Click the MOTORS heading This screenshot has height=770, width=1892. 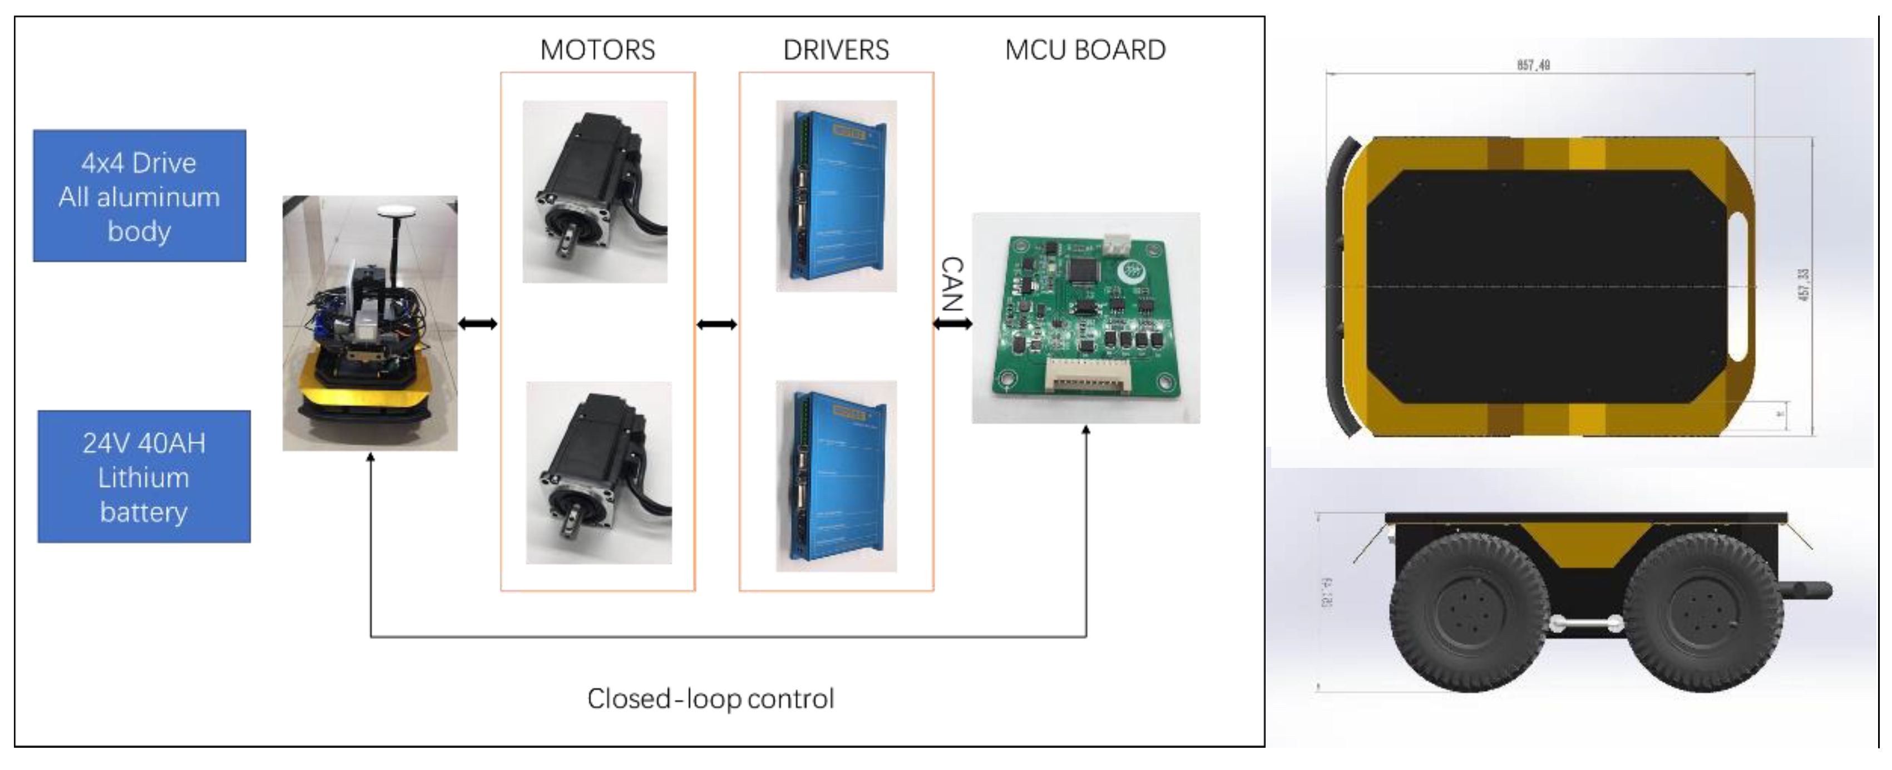[x=597, y=50]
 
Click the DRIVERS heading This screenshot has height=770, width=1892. [x=836, y=50]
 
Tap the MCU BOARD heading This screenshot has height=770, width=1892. [x=1085, y=50]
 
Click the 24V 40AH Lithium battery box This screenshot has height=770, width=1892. [x=144, y=476]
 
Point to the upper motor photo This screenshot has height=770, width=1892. [x=595, y=192]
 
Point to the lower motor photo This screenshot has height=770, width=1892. [x=599, y=472]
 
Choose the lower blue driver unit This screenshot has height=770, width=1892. [x=836, y=476]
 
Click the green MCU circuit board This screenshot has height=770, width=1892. [x=1085, y=318]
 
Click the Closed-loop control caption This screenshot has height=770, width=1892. [x=710, y=698]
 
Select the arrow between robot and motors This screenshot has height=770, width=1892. [x=478, y=323]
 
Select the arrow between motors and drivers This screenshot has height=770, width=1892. [x=716, y=324]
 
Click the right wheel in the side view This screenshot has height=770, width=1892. [x=1702, y=613]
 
